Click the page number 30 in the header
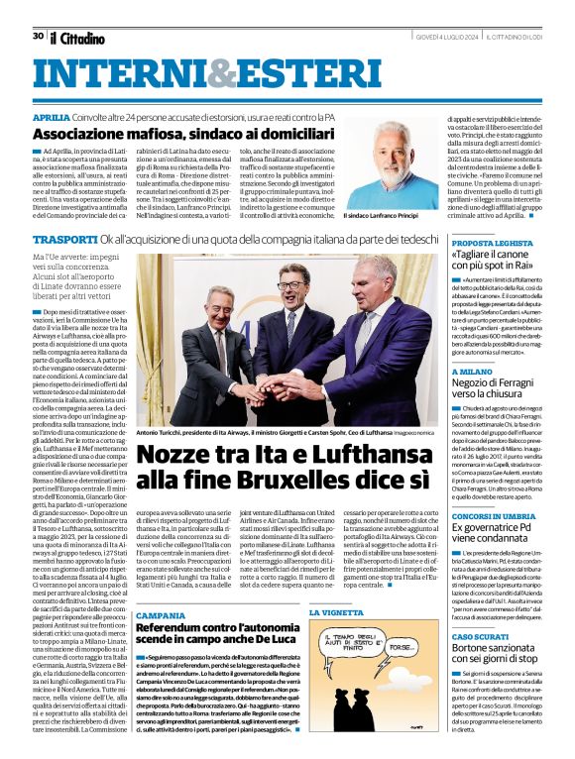click(38, 36)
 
